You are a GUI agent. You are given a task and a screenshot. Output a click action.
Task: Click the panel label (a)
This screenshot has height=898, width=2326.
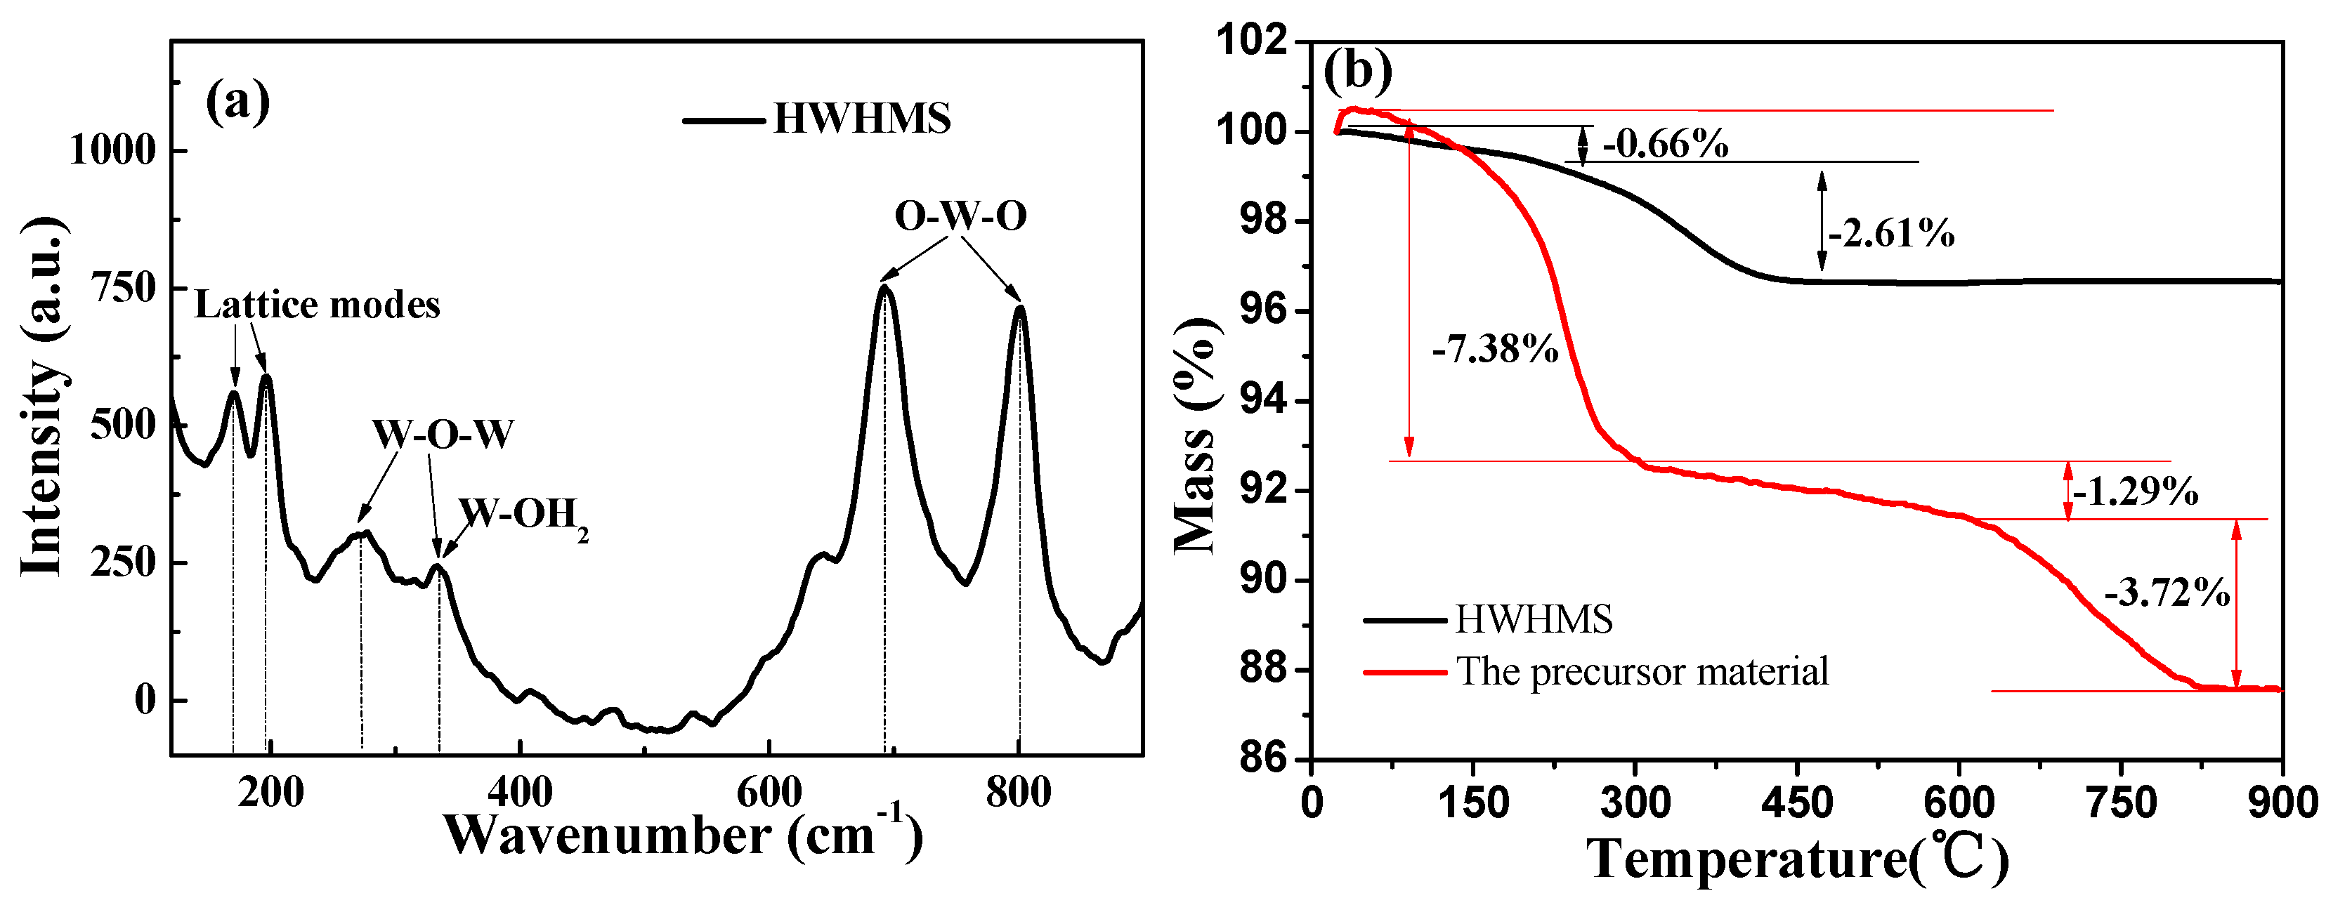(x=237, y=102)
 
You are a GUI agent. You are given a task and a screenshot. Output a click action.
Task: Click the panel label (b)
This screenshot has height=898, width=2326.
(x=1357, y=70)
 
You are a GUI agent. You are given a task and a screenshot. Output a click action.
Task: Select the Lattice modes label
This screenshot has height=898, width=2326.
(x=317, y=305)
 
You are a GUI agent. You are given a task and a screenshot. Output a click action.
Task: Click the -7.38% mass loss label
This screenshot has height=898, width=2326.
(x=1494, y=348)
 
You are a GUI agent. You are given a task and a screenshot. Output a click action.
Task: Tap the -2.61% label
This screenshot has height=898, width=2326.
(x=1890, y=235)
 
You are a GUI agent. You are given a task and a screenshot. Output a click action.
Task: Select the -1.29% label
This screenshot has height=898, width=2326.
(x=2135, y=493)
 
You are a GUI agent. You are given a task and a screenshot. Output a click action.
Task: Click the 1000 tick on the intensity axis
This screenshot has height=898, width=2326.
(x=114, y=150)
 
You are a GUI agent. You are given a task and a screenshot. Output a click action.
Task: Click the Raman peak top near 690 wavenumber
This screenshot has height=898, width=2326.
(x=884, y=288)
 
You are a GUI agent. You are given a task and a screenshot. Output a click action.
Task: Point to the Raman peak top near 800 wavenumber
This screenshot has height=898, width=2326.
(x=1020, y=309)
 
